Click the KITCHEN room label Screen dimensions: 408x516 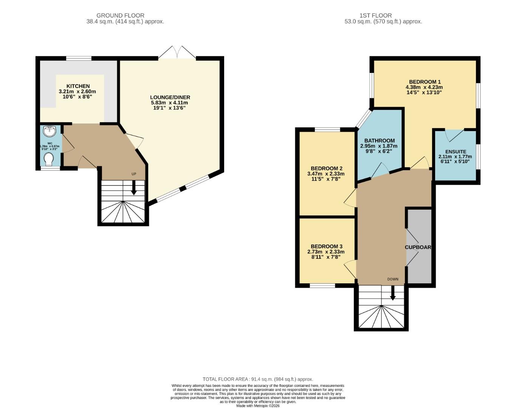pyautogui.click(x=78, y=86)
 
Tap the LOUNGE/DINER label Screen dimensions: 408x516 pyautogui.click(x=170, y=97)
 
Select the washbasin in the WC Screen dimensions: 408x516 pyautogui.click(x=50, y=131)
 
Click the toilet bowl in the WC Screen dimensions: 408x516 pyautogui.click(x=49, y=159)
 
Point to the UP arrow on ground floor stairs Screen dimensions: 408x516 pyautogui.click(x=133, y=187)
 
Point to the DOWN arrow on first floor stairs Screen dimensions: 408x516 pyautogui.click(x=393, y=293)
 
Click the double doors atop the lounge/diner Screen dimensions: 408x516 pyautogui.click(x=177, y=53)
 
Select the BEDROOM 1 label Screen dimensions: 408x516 pyautogui.click(x=425, y=82)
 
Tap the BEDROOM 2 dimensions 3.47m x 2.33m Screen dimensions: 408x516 pyautogui.click(x=325, y=174)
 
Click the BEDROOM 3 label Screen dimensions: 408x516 pyautogui.click(x=327, y=246)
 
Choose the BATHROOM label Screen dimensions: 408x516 pyautogui.click(x=379, y=141)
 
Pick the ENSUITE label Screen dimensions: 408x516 pyautogui.click(x=456, y=151)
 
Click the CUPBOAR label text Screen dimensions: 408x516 pyautogui.click(x=418, y=247)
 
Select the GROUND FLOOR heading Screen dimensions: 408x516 pyautogui.click(x=120, y=15)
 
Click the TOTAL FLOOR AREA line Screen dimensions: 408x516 pyautogui.click(x=258, y=379)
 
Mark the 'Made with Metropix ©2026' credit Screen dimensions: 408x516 pyautogui.click(x=258, y=406)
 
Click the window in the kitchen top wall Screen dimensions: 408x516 pyautogui.click(x=79, y=58)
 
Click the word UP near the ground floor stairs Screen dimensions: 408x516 pyautogui.click(x=133, y=174)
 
